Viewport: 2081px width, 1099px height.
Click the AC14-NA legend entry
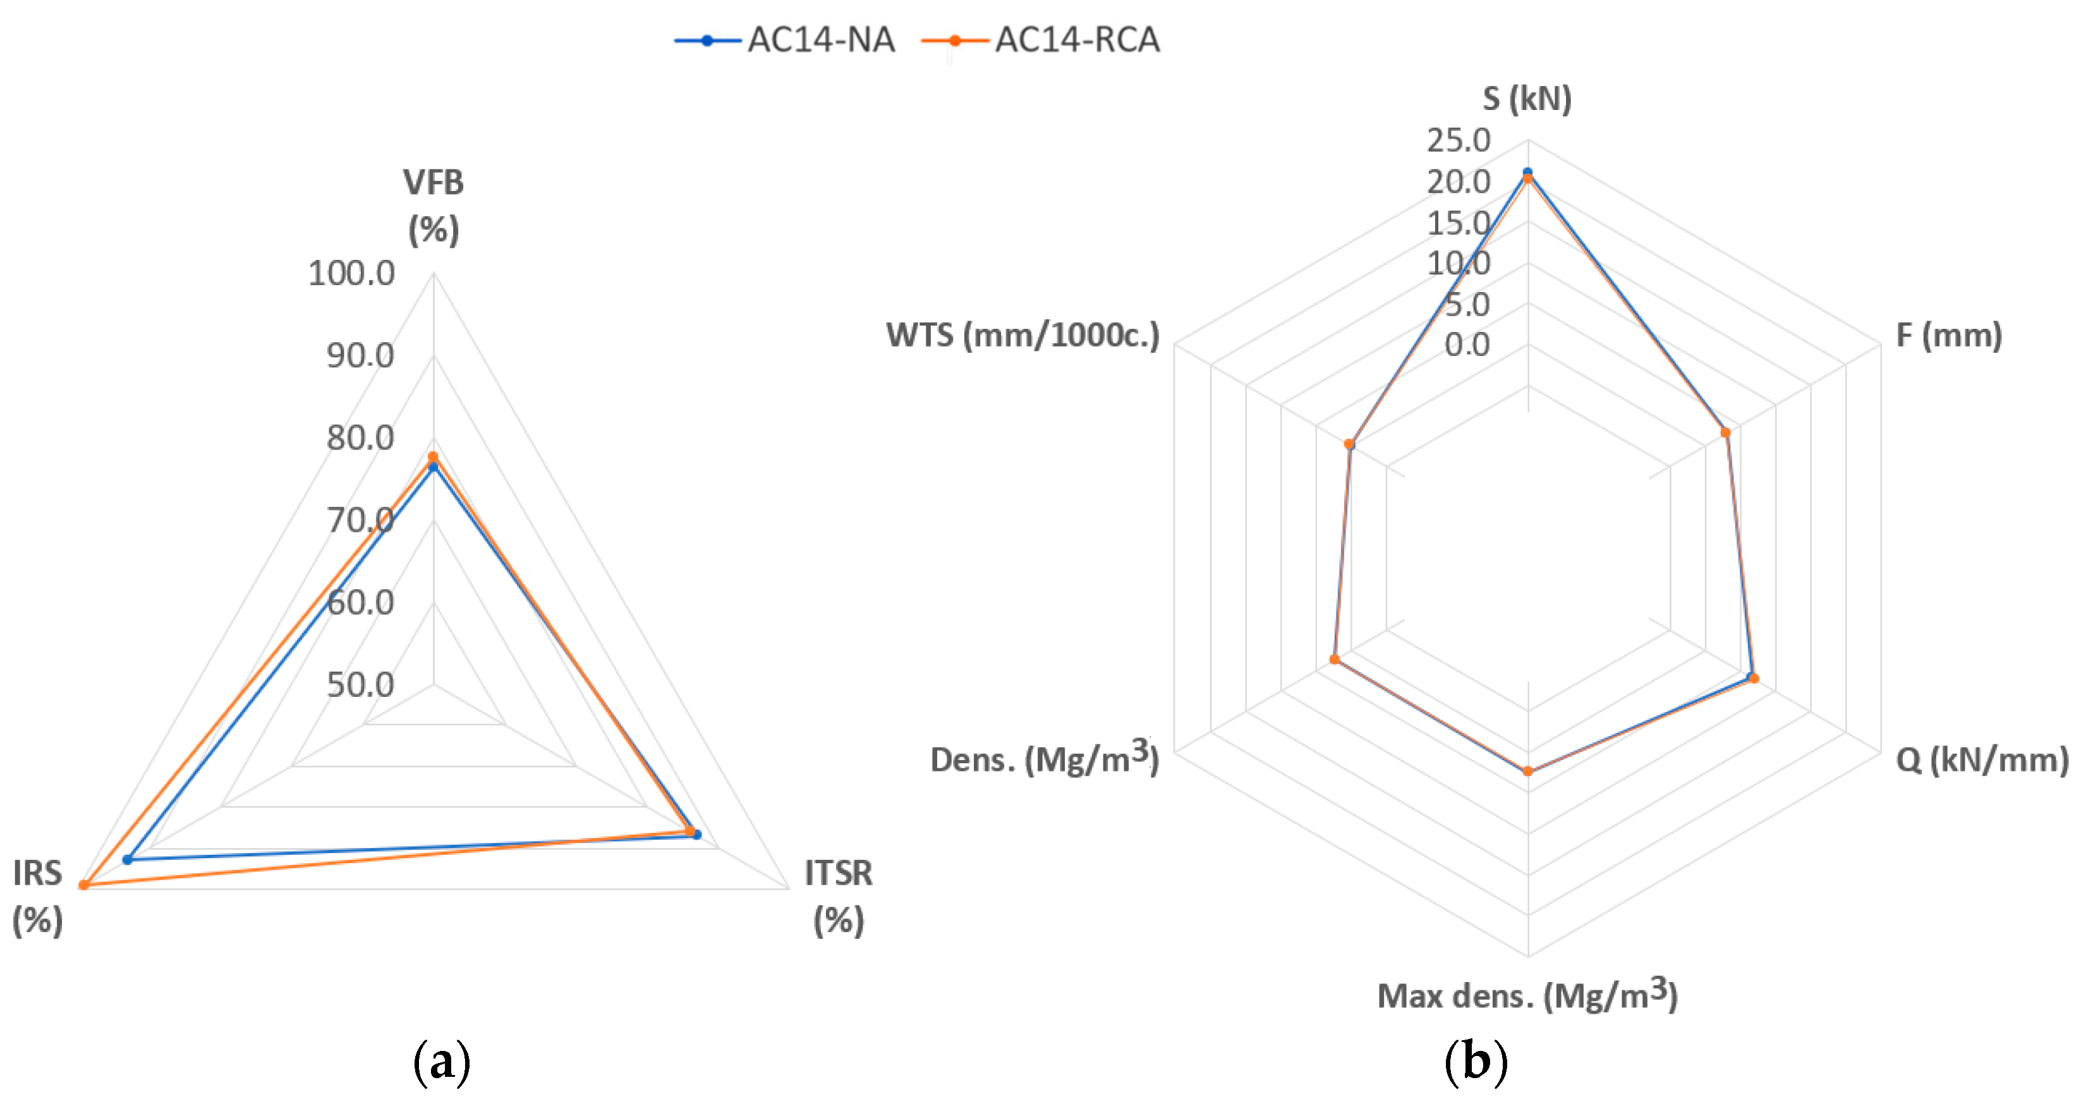(x=786, y=40)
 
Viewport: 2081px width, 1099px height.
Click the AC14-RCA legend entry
(x=1040, y=40)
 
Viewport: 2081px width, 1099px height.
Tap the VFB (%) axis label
(x=434, y=206)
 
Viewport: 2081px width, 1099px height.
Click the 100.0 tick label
(x=351, y=274)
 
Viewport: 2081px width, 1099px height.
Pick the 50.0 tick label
(x=360, y=685)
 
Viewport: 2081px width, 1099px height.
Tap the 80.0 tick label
(x=360, y=438)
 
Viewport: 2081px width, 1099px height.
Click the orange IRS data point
(x=84, y=885)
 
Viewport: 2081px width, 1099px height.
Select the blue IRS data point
(x=127, y=859)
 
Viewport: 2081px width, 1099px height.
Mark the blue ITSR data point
(x=697, y=835)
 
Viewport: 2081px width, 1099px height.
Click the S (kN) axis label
(x=1527, y=99)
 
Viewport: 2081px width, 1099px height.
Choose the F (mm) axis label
(x=1948, y=335)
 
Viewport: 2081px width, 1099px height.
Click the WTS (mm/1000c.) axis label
(x=1022, y=335)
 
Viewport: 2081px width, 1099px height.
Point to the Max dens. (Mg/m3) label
(x=1527, y=995)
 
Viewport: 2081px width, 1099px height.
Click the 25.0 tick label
(x=1458, y=140)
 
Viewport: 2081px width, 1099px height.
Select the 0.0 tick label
(x=1467, y=345)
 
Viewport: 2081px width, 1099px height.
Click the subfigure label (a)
(x=441, y=1062)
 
